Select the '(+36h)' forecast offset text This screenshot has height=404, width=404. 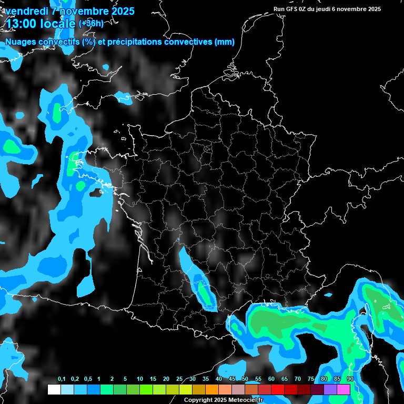(x=91, y=23)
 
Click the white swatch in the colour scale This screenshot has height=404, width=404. (x=54, y=390)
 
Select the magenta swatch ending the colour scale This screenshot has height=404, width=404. (x=344, y=390)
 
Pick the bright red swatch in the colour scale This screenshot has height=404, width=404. (x=278, y=390)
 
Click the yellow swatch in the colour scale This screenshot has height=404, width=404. (x=185, y=390)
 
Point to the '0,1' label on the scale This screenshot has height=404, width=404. (x=62, y=379)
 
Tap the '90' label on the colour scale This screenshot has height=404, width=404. (x=350, y=379)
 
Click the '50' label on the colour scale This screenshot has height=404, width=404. (x=245, y=379)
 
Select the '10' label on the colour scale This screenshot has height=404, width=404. (x=140, y=379)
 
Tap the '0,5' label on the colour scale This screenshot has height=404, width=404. (x=88, y=379)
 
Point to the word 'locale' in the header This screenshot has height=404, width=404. (x=58, y=24)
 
